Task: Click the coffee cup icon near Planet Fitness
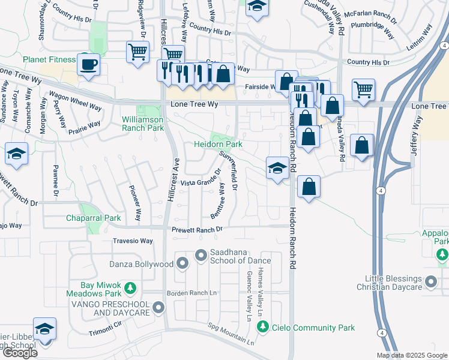point(88,64)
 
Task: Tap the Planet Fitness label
point(49,59)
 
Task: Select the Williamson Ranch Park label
point(143,124)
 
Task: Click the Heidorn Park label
point(217,145)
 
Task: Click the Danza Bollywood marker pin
point(183,263)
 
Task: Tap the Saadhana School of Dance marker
point(200,256)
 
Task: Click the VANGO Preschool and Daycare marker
point(158,308)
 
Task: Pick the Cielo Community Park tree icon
point(262,327)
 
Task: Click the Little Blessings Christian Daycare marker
point(431,281)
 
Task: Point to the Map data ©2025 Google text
point(412,355)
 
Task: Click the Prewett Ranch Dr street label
point(197,229)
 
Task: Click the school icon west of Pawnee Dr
point(16,154)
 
